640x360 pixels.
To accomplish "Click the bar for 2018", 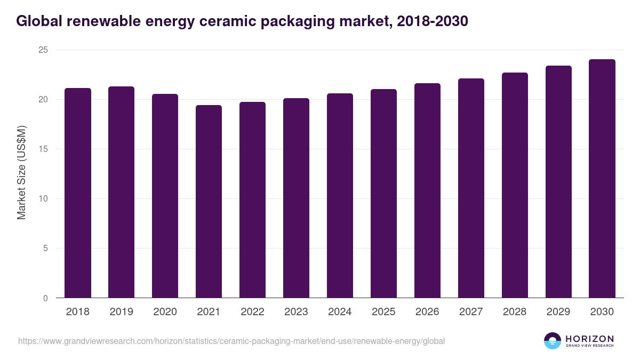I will point(78,193).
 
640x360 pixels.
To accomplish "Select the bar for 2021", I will point(209,202).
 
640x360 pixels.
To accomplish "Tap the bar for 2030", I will point(602,179).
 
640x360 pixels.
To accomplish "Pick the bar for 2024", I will point(340,196).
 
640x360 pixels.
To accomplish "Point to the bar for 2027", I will point(471,188).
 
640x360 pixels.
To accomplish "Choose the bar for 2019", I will point(122,192).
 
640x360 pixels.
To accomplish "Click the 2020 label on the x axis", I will point(165,312).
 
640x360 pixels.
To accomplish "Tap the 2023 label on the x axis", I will point(296,312).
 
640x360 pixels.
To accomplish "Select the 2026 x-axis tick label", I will point(427,312).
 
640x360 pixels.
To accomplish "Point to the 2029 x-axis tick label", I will point(558,312).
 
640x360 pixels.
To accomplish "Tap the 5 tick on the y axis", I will point(45,249).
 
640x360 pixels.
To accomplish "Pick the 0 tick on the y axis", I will point(45,298).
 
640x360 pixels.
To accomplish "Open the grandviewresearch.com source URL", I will point(231,341).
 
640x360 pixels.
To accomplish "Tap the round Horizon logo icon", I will point(553,341).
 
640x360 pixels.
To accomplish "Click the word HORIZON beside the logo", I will point(589,339).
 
